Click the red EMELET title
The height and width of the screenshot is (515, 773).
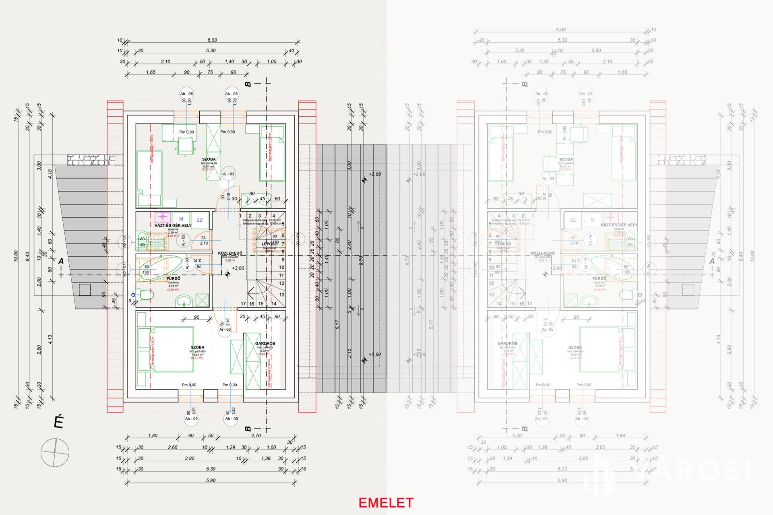(386, 503)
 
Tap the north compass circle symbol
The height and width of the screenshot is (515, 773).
(55, 453)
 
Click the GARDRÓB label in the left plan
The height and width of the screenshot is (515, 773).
(265, 344)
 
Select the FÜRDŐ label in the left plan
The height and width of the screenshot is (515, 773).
(173, 278)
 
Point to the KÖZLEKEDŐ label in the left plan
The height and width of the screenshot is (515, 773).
(230, 253)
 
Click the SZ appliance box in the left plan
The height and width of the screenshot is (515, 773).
(199, 220)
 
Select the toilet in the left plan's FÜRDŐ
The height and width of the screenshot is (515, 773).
(145, 295)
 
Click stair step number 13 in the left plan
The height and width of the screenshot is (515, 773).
(281, 295)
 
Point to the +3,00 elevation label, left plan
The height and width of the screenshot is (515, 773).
(238, 268)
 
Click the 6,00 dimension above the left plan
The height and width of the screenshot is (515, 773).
(212, 40)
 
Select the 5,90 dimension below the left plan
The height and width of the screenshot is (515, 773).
(211, 480)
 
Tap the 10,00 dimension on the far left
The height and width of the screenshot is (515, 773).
(16, 256)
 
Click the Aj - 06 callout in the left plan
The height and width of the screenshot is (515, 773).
(225, 329)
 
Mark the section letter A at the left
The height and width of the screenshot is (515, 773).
(61, 262)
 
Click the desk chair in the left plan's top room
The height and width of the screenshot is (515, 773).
(185, 146)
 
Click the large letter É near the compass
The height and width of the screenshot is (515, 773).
(59, 422)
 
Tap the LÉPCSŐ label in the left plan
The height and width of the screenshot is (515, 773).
(269, 244)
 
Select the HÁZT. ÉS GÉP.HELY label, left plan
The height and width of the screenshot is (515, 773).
(173, 225)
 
